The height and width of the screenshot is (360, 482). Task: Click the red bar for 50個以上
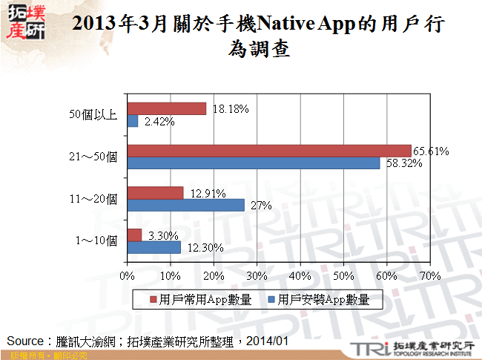click(x=167, y=108)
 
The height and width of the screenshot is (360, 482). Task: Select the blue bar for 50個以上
click(x=133, y=121)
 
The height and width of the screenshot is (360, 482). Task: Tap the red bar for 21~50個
click(x=269, y=151)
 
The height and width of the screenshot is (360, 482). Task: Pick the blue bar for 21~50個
click(x=254, y=163)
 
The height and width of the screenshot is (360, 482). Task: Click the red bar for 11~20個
click(x=156, y=193)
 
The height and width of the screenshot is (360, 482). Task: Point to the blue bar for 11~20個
click(x=186, y=206)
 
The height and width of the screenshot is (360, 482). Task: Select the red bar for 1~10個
click(x=135, y=235)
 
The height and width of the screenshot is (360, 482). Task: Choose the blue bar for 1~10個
click(x=154, y=247)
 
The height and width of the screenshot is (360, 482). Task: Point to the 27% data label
click(x=259, y=206)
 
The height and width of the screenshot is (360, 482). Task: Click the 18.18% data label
click(x=230, y=108)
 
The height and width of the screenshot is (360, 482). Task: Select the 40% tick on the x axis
click(x=300, y=276)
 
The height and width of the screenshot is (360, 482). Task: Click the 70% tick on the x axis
click(x=430, y=276)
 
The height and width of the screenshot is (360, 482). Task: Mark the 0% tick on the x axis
click(x=128, y=276)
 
